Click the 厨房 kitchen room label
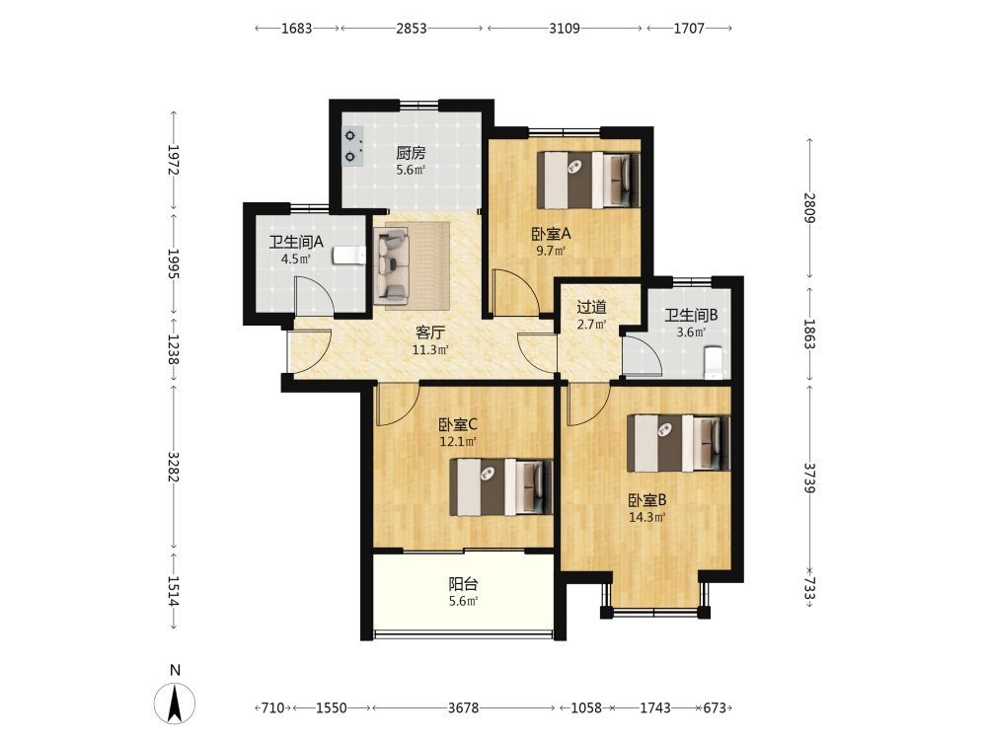[411, 152]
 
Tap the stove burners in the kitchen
[353, 146]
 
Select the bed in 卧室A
[588, 180]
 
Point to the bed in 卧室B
[679, 443]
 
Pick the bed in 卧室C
[501, 487]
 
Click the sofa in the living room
[391, 264]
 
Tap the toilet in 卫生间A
[349, 256]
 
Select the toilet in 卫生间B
[714, 362]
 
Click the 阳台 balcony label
[463, 584]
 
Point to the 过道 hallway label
[591, 307]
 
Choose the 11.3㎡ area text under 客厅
[430, 350]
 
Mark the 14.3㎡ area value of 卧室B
[647, 517]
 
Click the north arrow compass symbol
[175, 703]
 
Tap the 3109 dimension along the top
[565, 29]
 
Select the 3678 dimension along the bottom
[463, 707]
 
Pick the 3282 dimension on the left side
[174, 467]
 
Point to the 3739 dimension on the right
[810, 479]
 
